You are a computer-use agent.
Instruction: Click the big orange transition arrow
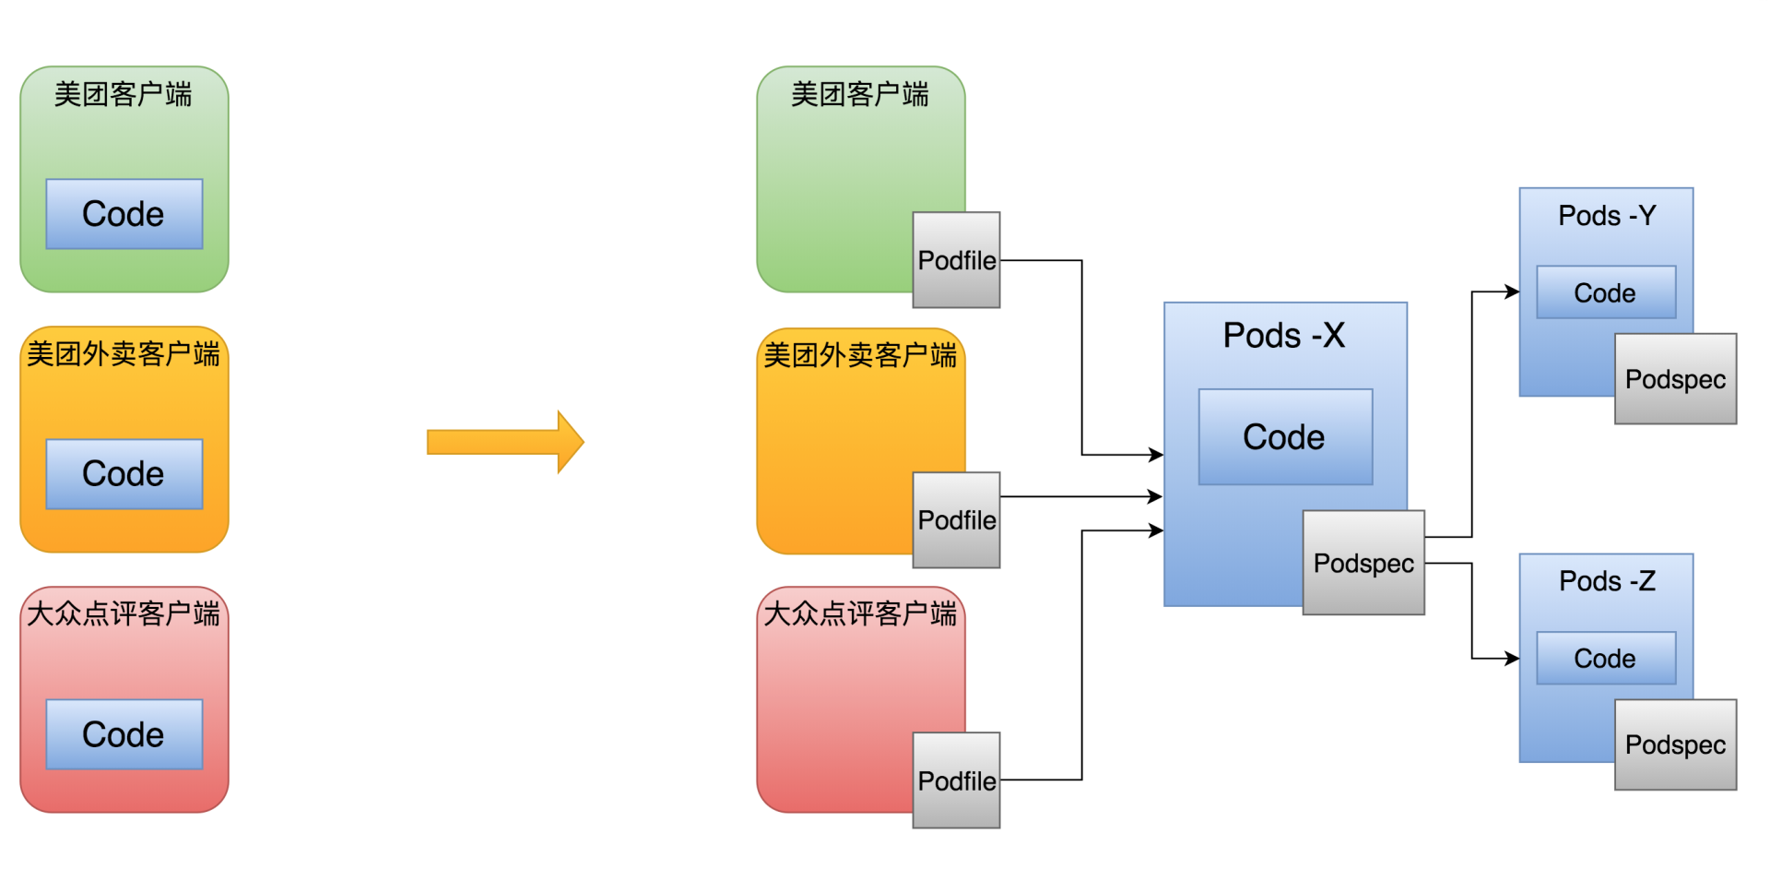tap(505, 442)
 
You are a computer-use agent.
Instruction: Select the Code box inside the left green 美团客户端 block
tap(124, 214)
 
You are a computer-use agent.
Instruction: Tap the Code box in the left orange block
tap(124, 474)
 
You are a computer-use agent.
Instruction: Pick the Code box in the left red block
tap(124, 734)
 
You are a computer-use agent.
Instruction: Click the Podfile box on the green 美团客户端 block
tap(956, 260)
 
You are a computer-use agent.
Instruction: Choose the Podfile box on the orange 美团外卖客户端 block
tap(956, 520)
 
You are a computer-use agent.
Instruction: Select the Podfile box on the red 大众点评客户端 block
tap(956, 780)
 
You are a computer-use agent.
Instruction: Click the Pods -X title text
tap(1283, 336)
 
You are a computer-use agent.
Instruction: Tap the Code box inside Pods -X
tap(1284, 437)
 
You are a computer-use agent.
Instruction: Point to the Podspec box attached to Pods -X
tap(1363, 563)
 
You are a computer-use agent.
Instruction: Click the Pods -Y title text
tap(1606, 216)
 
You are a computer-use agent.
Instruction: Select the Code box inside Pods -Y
tap(1605, 292)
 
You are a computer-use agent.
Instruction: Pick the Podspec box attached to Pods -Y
tap(1675, 379)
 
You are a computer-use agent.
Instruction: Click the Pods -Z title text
tap(1606, 581)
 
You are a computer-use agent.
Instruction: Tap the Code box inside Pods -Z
tap(1605, 659)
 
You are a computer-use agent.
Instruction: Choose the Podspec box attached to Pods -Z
tap(1675, 744)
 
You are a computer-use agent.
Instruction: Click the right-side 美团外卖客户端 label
tap(860, 355)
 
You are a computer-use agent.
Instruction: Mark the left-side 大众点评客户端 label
tap(124, 613)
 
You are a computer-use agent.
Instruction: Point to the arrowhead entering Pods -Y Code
tap(1512, 292)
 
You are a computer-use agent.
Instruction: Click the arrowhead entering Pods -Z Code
tap(1512, 659)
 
